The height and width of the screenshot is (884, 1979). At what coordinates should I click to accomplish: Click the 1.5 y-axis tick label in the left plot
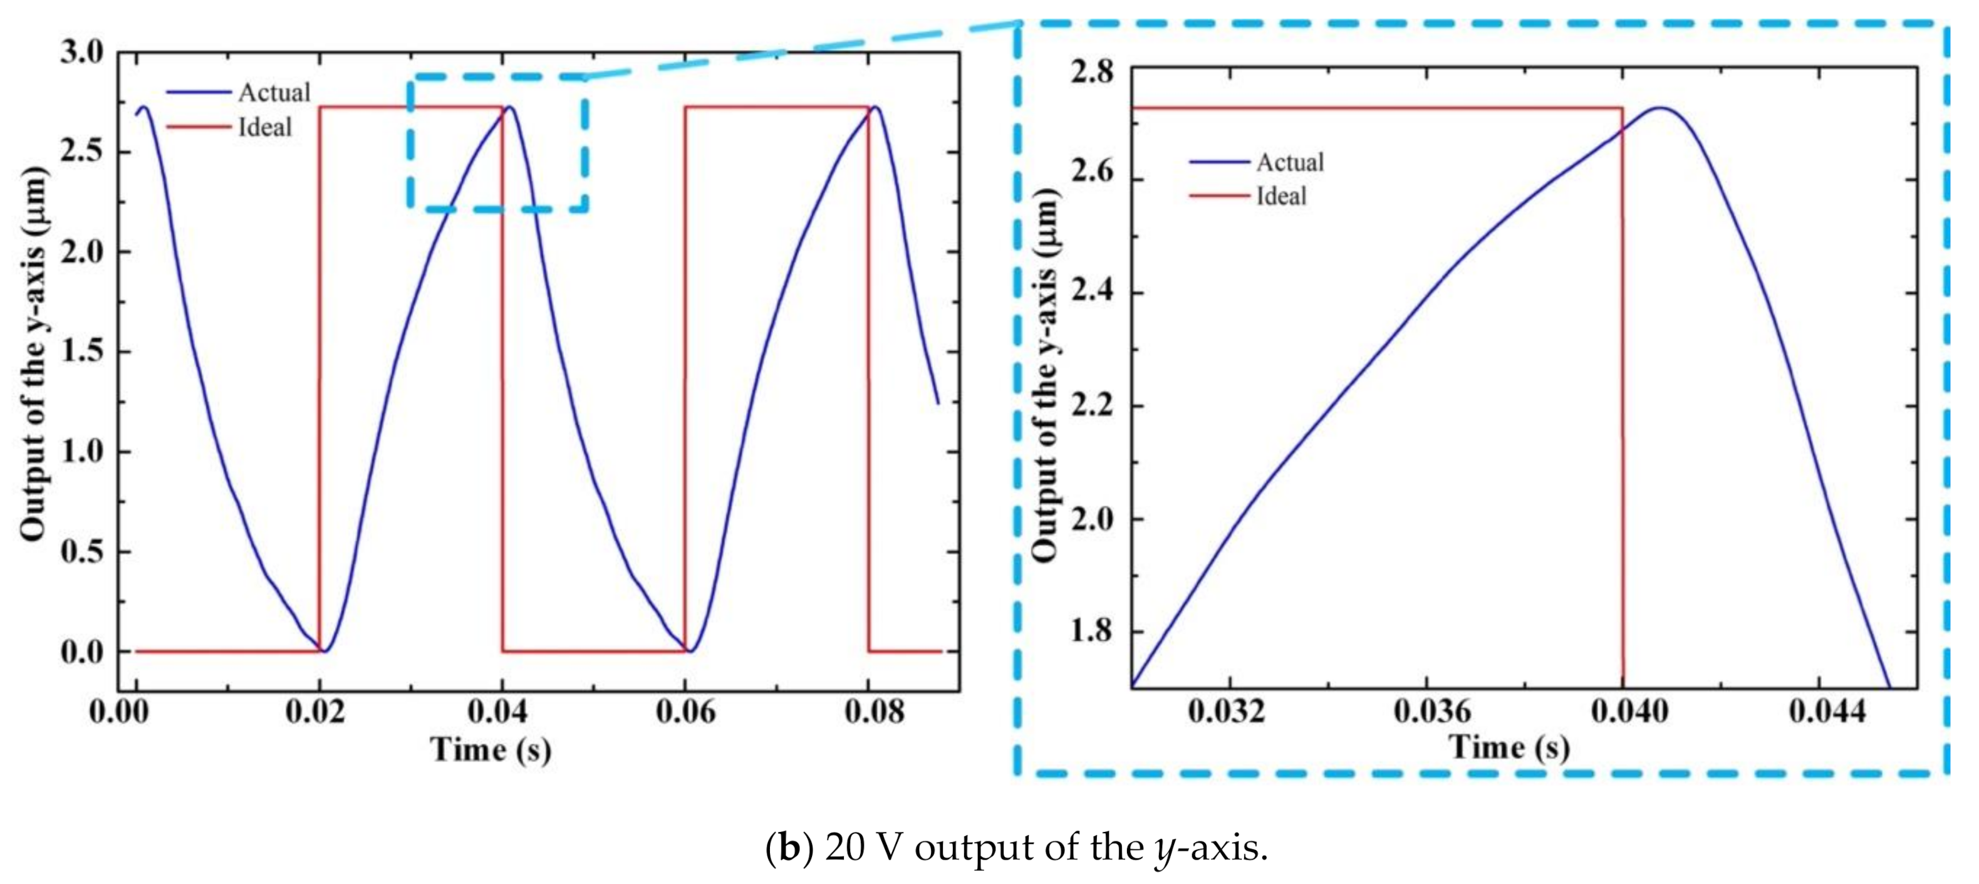81,351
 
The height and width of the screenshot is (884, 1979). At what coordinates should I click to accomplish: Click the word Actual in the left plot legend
274,92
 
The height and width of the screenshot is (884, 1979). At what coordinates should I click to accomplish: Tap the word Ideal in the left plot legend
265,127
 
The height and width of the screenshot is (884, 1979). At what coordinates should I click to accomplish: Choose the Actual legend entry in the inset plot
1290,162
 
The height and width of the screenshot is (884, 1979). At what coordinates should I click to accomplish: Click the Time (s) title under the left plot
490,749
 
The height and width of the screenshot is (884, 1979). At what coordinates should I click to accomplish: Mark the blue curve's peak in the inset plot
1660,108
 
